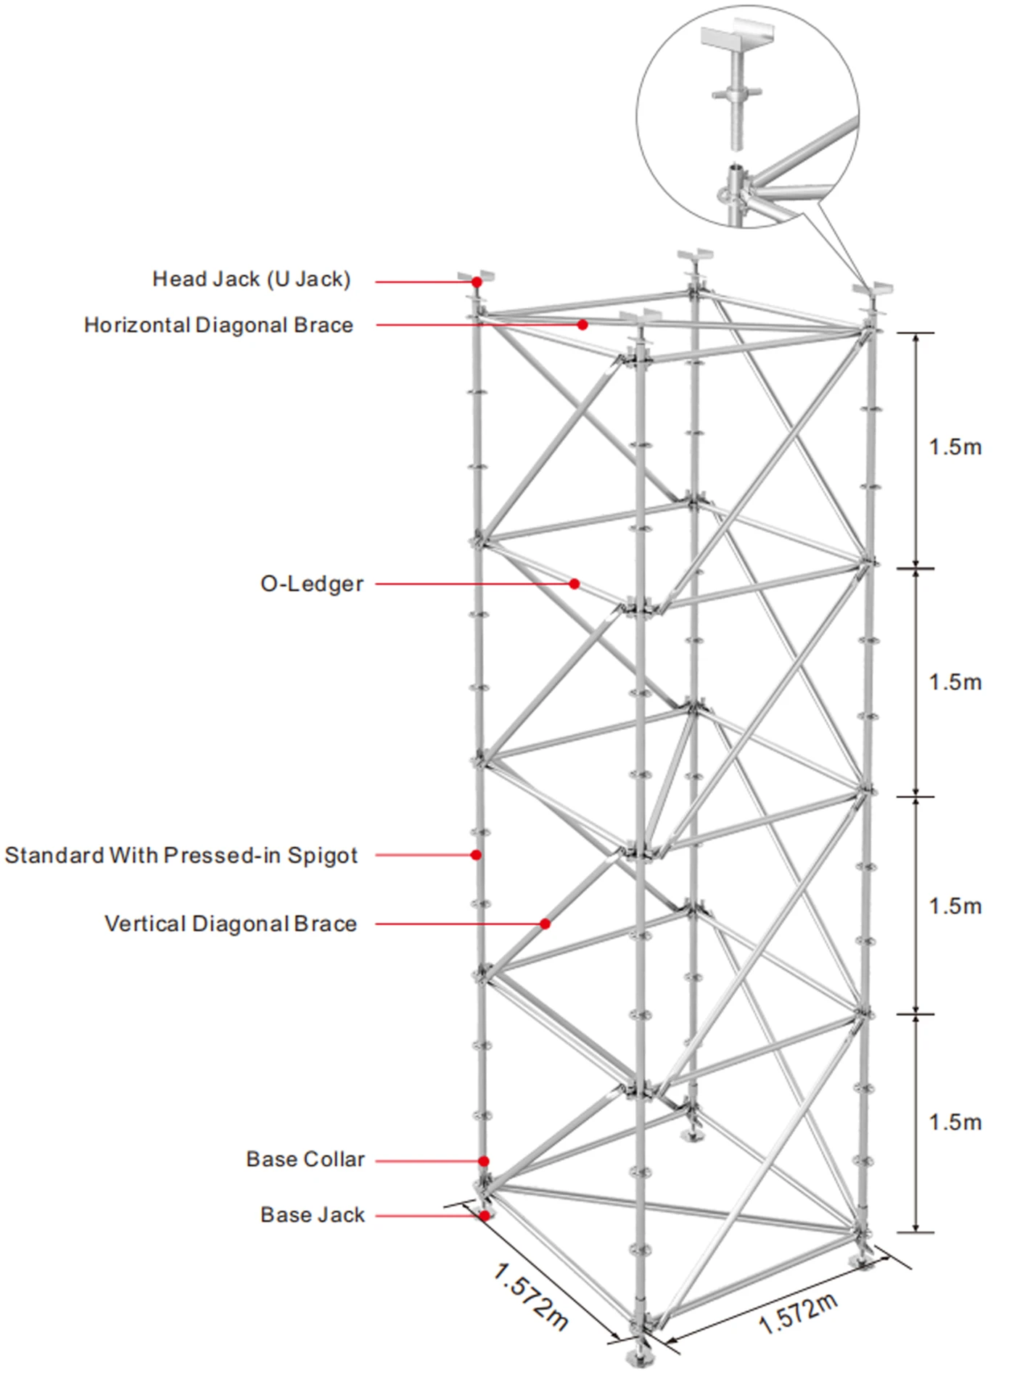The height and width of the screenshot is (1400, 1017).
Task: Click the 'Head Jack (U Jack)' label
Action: coord(251,279)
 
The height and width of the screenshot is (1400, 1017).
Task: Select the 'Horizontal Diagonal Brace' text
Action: coord(218,326)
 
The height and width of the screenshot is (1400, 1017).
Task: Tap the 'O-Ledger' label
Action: coord(312,584)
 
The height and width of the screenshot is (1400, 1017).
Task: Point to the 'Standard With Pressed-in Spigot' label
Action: coord(181,856)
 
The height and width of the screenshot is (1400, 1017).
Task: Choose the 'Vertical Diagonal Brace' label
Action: coord(231,924)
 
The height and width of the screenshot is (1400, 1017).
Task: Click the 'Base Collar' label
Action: coord(305,1159)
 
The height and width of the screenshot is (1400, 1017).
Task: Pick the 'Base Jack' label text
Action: coord(313,1215)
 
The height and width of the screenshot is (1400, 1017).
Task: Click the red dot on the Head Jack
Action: coord(477,281)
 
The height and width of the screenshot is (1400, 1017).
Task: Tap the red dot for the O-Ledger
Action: coord(574,584)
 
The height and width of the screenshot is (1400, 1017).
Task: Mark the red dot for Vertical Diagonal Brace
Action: coord(545,924)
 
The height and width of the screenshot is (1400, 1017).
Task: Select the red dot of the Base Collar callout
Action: coord(484,1161)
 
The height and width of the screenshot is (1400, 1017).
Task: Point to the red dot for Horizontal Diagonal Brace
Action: coord(582,325)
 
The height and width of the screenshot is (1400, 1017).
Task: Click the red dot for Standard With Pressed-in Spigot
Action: coord(476,855)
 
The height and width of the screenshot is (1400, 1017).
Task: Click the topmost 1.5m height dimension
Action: coord(955,447)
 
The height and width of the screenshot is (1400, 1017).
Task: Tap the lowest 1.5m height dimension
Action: coord(955,1122)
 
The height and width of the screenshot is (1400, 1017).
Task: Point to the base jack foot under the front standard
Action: coord(639,1355)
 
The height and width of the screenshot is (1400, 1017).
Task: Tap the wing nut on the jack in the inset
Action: coord(737,94)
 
